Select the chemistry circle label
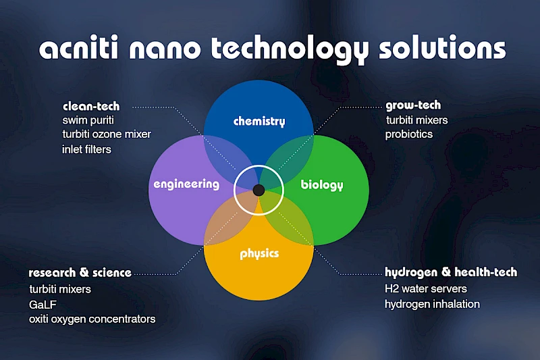(259, 122)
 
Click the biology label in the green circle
(322, 185)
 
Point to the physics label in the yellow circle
(259, 254)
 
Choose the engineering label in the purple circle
(186, 184)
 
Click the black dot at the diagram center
(259, 190)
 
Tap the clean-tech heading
(91, 106)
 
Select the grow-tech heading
(413, 105)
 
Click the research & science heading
(80, 273)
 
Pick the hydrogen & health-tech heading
(451, 272)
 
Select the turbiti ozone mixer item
(107, 134)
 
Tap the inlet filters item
(86, 149)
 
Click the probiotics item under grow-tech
(409, 134)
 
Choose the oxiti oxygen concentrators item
(92, 319)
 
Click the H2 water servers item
(426, 289)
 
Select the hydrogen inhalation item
(432, 304)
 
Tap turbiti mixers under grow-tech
(416, 120)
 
